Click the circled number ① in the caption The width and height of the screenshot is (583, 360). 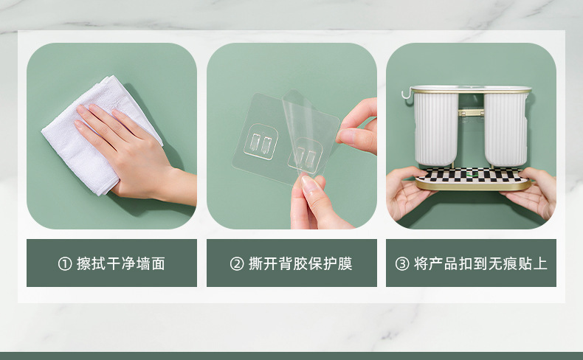pyautogui.click(x=65, y=264)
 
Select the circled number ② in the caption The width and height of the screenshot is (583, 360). pyautogui.click(x=236, y=264)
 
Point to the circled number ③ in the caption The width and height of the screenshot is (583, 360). pyautogui.click(x=402, y=264)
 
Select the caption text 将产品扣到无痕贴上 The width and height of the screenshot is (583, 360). pyautogui.click(x=480, y=264)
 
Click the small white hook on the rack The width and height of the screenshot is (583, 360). pyautogui.click(x=404, y=94)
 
